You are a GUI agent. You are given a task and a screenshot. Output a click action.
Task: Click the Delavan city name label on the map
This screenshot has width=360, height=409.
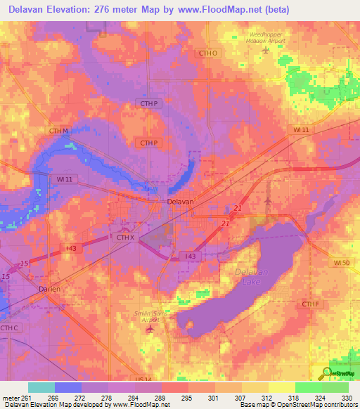(x=180, y=201)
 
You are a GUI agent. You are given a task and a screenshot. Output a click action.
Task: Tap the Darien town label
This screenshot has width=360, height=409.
(x=49, y=289)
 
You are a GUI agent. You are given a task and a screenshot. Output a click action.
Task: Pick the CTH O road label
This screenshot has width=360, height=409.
(x=209, y=53)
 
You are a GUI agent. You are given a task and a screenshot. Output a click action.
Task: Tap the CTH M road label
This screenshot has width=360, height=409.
(x=58, y=131)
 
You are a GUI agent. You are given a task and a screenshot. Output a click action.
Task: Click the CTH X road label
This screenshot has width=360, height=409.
(x=124, y=238)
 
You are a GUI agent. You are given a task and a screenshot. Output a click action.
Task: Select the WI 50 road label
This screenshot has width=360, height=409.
(x=341, y=262)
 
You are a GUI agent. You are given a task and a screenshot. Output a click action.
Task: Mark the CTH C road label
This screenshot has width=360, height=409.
(x=9, y=327)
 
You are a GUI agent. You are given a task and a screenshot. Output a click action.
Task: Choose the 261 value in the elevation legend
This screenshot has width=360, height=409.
(x=20, y=398)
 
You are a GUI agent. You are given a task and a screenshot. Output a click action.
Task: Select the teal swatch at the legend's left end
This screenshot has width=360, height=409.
(x=41, y=387)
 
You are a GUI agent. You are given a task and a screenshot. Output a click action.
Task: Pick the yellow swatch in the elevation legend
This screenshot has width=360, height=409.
(x=281, y=387)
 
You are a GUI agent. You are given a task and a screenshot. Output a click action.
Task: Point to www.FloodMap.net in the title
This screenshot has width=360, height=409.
(x=209, y=9)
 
